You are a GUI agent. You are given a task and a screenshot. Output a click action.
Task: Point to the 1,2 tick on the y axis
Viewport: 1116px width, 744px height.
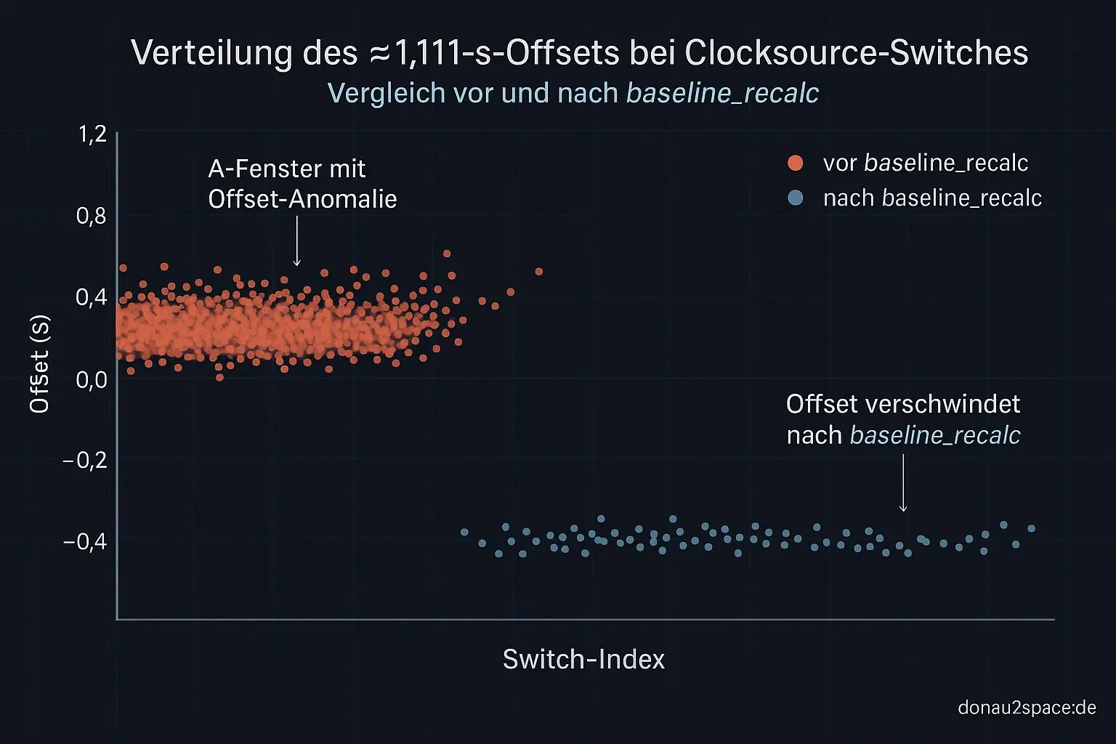coord(92,134)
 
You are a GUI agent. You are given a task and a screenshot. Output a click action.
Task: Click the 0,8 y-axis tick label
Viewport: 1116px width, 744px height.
coord(92,216)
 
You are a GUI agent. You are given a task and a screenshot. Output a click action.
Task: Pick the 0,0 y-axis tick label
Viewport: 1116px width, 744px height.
coord(92,379)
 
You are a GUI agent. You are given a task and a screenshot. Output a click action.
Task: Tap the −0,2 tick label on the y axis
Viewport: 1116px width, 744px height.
coord(85,460)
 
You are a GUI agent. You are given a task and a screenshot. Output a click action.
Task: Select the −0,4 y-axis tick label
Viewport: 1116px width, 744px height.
coord(85,541)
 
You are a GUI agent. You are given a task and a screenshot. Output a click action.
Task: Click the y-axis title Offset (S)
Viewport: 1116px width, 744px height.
coord(39,364)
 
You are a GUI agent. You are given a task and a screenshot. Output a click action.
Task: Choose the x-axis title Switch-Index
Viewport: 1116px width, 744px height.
coord(583,659)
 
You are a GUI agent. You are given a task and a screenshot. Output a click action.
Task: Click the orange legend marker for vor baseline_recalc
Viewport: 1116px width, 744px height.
coord(796,163)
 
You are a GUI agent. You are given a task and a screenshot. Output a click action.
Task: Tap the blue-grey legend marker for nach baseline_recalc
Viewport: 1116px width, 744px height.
coord(796,198)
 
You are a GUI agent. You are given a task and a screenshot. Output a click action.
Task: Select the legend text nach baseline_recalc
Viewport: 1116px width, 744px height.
coord(932,198)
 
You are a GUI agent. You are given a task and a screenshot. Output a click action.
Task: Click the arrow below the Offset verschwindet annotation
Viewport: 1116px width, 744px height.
coord(903,483)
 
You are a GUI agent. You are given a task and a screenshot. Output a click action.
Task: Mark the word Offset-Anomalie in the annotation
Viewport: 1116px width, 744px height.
coord(302,199)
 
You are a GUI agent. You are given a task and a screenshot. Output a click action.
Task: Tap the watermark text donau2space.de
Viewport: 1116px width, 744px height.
coord(1027,707)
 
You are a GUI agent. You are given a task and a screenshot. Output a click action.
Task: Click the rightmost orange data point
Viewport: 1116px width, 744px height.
coord(539,272)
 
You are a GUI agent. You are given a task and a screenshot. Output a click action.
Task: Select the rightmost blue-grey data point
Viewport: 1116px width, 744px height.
coord(1031,528)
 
